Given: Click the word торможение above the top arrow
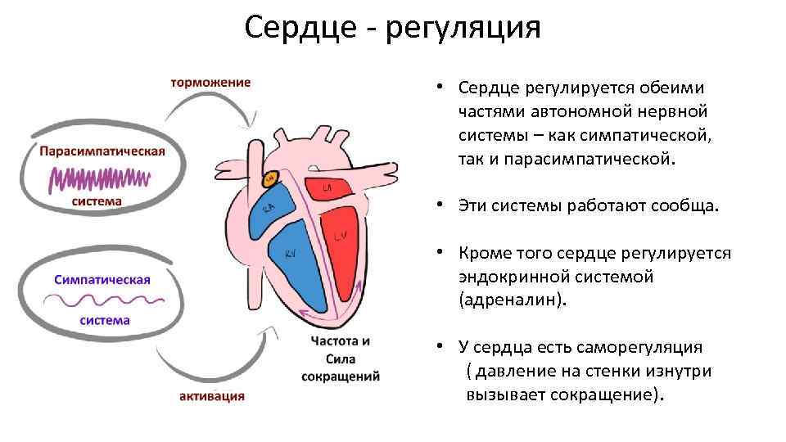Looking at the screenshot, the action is pyautogui.click(x=210, y=82).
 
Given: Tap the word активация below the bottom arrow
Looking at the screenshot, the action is pyautogui.click(x=212, y=396).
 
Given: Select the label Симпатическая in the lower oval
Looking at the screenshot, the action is pyautogui.click(x=102, y=279).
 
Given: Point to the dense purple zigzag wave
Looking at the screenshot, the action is pyautogui.click(x=101, y=178).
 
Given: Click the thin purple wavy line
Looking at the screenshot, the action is pyautogui.click(x=102, y=301).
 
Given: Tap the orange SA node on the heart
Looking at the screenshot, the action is pyautogui.click(x=269, y=177).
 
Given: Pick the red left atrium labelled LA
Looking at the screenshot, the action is pyautogui.click(x=327, y=191).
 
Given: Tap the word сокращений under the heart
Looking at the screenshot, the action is pyautogui.click(x=341, y=377).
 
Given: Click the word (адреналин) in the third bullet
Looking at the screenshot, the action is pyautogui.click(x=513, y=300).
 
